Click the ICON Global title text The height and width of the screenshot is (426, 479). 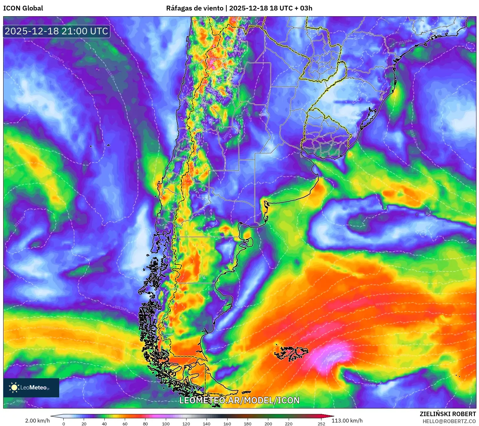tap(23, 8)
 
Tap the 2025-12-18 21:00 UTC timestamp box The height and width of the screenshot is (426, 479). tap(57, 31)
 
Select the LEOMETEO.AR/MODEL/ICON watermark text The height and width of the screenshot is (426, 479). tap(239, 400)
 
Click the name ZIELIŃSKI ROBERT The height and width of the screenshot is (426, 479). tap(447, 414)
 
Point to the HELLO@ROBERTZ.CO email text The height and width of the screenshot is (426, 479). tap(449, 421)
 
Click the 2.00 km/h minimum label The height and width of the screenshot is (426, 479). tap(37, 421)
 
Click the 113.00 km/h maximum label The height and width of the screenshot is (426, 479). tap(347, 421)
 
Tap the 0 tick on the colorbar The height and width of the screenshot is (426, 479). tap(64, 423)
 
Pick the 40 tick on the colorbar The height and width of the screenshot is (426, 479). tap(104, 423)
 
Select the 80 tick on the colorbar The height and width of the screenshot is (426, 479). tap(145, 423)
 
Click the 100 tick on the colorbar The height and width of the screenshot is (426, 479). tap(166, 423)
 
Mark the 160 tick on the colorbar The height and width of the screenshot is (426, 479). tap(227, 423)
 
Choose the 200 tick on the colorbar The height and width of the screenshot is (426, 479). tap(268, 423)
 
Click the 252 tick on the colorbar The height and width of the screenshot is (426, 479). tap(321, 423)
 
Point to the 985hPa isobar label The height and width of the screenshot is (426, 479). tap(370, 385)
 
